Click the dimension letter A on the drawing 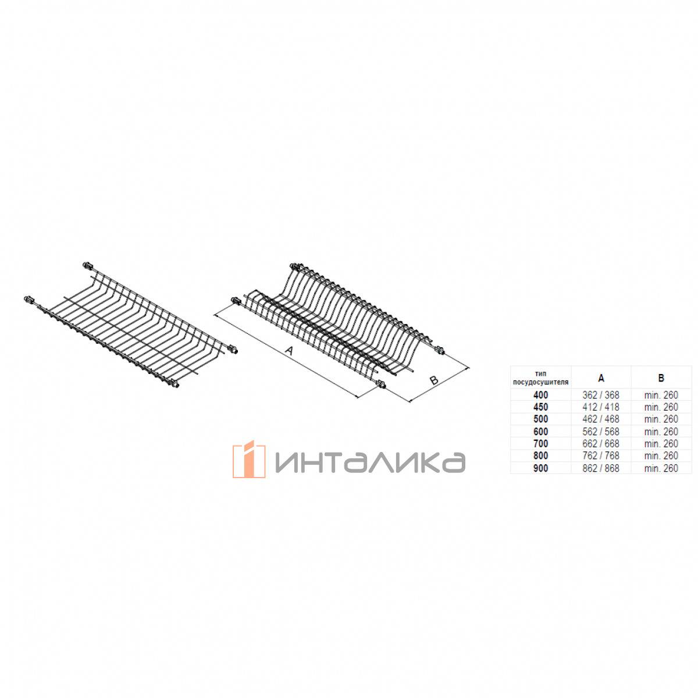tap(289, 350)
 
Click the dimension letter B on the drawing tap(434, 380)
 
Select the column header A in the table tap(601, 378)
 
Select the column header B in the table tap(661, 378)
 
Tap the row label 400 tap(541, 395)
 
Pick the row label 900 tap(541, 468)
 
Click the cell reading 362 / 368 tap(601, 395)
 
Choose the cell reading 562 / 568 tap(601, 432)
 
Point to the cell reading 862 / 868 tap(601, 468)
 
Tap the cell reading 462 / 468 tap(601, 419)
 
